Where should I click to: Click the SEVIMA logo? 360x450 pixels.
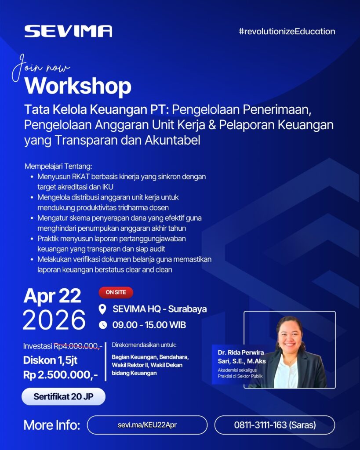click(x=68, y=31)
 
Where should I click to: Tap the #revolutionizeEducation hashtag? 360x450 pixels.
click(x=287, y=31)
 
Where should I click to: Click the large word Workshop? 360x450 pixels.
click(x=78, y=86)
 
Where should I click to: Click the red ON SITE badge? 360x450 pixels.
click(x=116, y=292)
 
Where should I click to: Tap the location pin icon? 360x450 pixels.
click(x=102, y=309)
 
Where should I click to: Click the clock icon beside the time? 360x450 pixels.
click(x=102, y=325)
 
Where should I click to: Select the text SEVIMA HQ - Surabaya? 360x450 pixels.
click(x=160, y=309)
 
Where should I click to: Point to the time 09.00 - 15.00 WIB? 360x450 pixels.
click(x=149, y=325)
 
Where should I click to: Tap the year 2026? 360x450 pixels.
click(x=54, y=320)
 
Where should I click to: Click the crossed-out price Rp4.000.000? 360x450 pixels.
click(x=78, y=346)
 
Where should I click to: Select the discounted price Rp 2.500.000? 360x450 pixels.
click(x=61, y=375)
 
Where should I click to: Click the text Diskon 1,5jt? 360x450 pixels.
click(x=50, y=360)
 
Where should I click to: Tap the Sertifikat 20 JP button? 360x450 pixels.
click(x=63, y=397)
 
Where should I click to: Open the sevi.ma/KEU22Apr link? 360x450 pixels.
click(x=147, y=425)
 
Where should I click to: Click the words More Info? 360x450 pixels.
click(x=52, y=425)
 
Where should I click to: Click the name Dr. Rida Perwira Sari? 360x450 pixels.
click(x=242, y=357)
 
